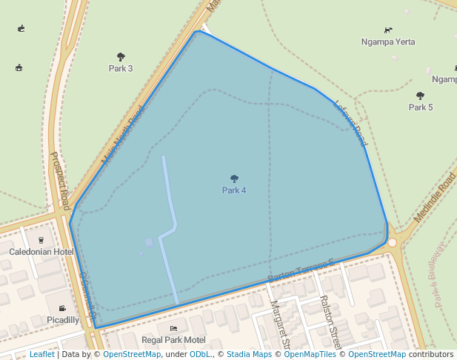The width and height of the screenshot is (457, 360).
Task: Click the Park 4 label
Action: (x=234, y=190)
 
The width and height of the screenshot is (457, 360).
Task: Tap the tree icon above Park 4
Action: (x=235, y=179)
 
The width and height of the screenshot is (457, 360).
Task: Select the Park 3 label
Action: (x=121, y=69)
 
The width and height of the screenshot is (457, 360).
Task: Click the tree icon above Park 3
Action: (x=121, y=56)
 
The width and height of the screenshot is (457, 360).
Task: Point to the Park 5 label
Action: (x=421, y=107)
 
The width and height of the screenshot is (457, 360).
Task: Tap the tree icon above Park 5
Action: (x=421, y=96)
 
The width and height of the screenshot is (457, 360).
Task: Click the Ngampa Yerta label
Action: (x=387, y=41)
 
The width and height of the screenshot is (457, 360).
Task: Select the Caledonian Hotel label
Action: (x=41, y=252)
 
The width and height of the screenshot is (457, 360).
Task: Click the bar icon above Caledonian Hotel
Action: (x=41, y=239)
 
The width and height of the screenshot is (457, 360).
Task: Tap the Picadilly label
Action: (x=62, y=320)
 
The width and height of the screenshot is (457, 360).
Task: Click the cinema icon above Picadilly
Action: (x=62, y=308)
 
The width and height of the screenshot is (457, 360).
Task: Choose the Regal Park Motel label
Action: (x=173, y=340)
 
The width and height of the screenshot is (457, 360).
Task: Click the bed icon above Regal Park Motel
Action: (x=173, y=328)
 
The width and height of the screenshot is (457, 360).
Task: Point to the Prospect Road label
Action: (x=60, y=181)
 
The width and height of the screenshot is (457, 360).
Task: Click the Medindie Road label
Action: (x=435, y=197)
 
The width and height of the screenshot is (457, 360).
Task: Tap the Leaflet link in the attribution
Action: (x=42, y=355)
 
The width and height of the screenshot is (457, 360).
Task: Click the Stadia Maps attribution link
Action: (x=249, y=355)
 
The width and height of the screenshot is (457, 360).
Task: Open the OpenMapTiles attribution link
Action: (x=307, y=355)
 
